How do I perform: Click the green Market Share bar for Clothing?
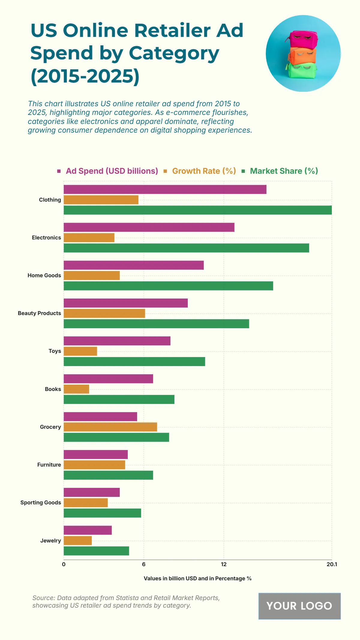197,210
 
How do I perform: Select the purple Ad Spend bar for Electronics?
149,227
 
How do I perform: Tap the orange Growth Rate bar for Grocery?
110,427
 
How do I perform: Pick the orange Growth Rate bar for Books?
76,389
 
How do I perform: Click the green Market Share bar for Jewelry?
96,551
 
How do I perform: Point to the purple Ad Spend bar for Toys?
117,341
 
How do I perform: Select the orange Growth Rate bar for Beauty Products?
104,313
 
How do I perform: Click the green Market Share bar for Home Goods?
168,286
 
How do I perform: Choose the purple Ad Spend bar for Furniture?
96,455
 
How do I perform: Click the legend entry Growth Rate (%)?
204,171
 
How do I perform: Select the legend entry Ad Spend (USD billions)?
112,171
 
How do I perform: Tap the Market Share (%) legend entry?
283,171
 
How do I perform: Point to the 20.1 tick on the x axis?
331,564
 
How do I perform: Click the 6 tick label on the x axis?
144,564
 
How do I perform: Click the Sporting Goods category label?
40,503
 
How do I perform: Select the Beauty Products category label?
39,313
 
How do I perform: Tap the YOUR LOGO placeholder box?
299,606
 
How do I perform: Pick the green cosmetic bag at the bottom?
302,71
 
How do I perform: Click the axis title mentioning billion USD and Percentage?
197,578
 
